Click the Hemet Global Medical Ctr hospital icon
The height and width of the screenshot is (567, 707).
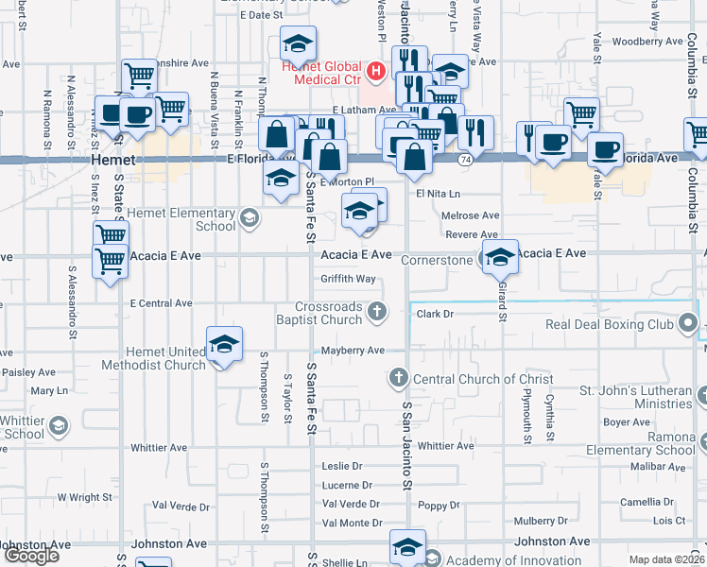(376, 71)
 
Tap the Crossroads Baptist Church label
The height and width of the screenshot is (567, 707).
(328, 314)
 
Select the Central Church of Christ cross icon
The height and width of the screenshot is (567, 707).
(398, 379)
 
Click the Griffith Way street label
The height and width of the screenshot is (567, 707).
(348, 279)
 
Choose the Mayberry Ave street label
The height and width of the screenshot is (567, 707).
(353, 351)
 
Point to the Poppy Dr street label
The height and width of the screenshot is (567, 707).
(438, 506)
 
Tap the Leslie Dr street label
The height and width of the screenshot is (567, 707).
(342, 466)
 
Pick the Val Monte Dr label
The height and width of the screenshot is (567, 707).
(352, 523)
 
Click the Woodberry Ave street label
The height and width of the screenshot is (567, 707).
(647, 42)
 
